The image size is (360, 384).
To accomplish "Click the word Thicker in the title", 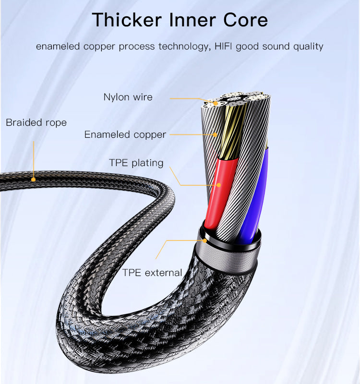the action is point(127,20).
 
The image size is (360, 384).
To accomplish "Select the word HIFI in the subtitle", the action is point(223,46).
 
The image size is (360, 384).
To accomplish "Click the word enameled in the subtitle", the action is point(58,46).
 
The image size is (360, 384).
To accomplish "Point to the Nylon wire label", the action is point(128,97).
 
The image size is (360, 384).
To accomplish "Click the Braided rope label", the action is point(36,122).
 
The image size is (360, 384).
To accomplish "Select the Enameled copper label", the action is point(125,135).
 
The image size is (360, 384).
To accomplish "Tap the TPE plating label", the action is point(136,163).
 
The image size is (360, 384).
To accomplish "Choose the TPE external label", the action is point(152,273).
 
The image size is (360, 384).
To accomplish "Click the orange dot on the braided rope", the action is point(33,180).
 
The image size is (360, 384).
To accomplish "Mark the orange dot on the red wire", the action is point(219,185).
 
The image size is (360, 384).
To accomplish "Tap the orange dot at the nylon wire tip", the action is point(216,103).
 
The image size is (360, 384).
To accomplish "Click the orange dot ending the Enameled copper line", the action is point(215,134).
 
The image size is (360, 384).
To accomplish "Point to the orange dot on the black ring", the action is point(205,240).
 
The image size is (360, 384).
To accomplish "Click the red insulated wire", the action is point(220,193).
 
